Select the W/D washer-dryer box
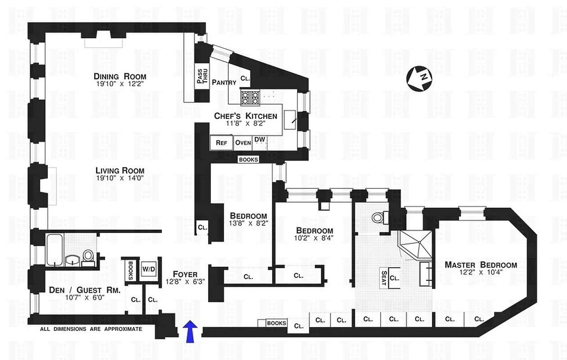[x=148, y=269]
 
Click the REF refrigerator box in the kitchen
[x=221, y=143]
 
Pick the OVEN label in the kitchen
[x=243, y=143]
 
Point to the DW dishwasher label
[x=259, y=139]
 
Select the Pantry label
[x=224, y=82]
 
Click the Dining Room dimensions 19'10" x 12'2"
[x=120, y=84]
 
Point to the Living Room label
[x=120, y=171]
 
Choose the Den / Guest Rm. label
[x=85, y=291]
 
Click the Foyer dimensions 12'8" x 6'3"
[x=185, y=282]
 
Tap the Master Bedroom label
[x=481, y=265]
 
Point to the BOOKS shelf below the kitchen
[x=248, y=159]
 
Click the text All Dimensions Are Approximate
[x=91, y=329]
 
